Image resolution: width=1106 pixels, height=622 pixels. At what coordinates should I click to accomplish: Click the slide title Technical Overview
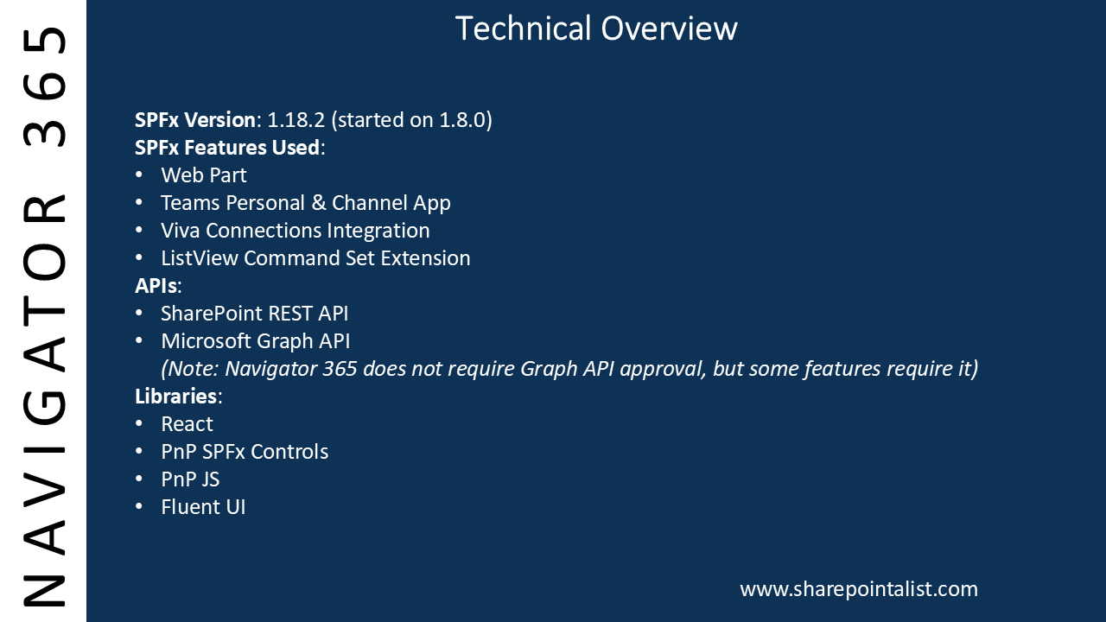tap(596, 29)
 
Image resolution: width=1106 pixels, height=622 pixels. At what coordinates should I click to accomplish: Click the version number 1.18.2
tap(296, 120)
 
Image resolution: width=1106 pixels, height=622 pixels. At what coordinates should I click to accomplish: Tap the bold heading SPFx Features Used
tap(227, 148)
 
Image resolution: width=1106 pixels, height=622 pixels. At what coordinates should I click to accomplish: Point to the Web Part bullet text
tap(203, 175)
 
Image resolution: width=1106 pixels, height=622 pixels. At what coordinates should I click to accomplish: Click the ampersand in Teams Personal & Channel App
tap(319, 203)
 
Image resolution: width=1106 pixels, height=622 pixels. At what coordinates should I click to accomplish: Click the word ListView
tap(200, 258)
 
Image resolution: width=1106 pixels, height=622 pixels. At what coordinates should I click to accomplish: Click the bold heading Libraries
tap(175, 397)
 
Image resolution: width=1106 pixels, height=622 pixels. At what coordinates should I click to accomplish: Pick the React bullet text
tap(187, 424)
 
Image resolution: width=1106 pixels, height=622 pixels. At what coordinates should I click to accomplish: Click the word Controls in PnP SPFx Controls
tap(294, 452)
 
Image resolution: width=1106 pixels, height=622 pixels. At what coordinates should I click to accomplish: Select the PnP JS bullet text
tap(190, 479)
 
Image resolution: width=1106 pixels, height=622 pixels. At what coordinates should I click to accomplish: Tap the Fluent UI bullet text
tap(203, 507)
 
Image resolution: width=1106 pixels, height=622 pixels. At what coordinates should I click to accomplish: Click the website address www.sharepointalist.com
tap(859, 589)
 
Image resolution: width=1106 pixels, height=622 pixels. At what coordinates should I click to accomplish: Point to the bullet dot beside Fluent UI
tap(139, 507)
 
